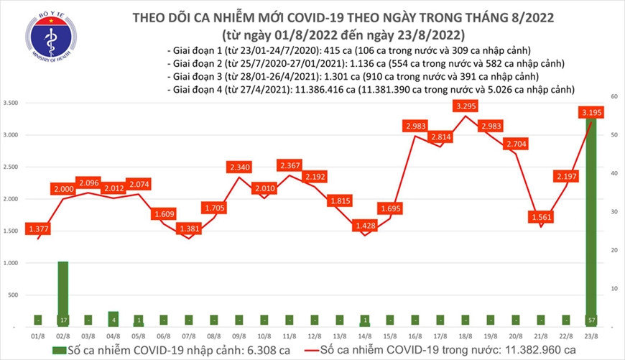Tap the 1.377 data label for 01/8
pyautogui.click(x=38, y=228)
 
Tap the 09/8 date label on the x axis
pyautogui.click(x=239, y=335)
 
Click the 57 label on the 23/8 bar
pyautogui.click(x=591, y=319)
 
